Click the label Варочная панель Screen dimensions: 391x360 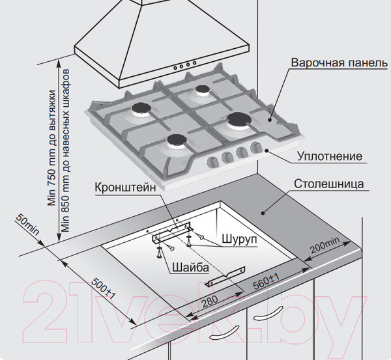[340, 62]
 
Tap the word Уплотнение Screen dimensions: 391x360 [330, 156]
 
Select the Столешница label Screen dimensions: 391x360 [329, 184]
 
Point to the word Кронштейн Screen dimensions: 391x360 [125, 187]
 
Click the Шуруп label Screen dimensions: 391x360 [239, 239]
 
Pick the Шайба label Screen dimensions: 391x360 [190, 268]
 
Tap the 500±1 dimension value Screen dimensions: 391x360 [104, 288]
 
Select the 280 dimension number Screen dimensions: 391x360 [209, 301]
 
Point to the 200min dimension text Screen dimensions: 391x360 [325, 245]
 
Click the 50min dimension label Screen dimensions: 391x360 [27, 225]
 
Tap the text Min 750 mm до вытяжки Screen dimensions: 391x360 [52, 148]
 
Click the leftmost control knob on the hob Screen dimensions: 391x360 [212, 162]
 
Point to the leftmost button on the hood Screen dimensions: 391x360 [175, 68]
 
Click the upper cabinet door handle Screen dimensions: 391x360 [268, 313]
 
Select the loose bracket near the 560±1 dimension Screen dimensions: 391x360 [225, 276]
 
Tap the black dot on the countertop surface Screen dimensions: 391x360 [263, 213]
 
